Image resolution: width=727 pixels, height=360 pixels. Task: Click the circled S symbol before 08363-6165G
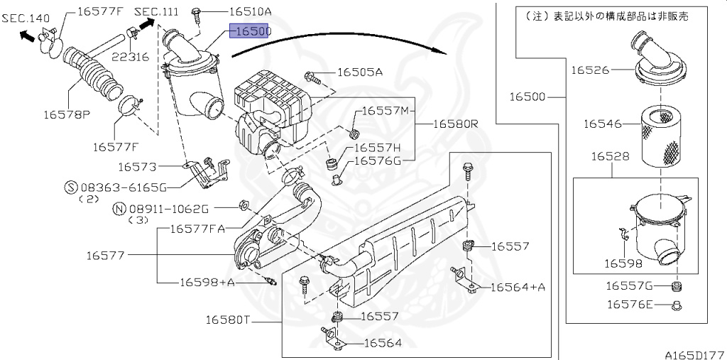tap(70, 187)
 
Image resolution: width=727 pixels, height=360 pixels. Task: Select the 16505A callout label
tap(359, 72)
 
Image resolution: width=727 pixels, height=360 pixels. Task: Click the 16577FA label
tap(197, 229)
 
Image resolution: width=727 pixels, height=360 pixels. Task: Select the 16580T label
tap(234, 320)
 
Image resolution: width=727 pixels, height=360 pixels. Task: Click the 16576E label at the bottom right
tap(630, 305)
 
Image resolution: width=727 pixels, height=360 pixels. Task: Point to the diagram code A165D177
tap(694, 353)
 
